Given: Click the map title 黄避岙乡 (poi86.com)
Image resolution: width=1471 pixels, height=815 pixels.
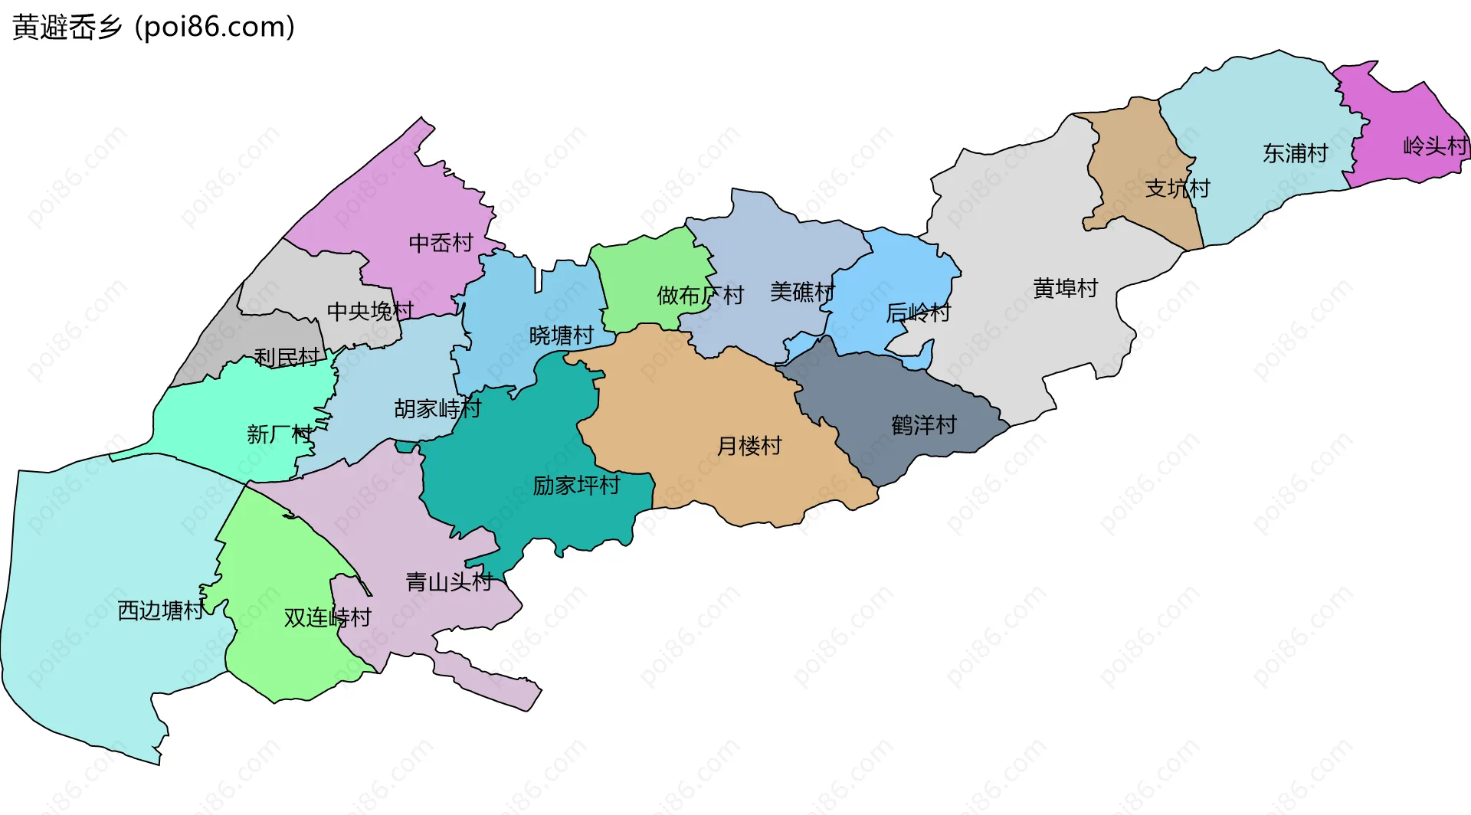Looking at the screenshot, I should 153,27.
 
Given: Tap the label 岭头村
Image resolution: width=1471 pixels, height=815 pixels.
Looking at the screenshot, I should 1435,146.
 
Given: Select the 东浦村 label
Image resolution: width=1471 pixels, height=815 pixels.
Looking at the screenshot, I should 1295,153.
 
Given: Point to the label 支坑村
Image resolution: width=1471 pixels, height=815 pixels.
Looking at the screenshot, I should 1177,188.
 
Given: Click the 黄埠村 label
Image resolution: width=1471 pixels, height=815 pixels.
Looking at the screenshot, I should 1065,289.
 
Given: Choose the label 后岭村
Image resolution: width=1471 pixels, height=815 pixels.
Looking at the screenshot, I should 917,313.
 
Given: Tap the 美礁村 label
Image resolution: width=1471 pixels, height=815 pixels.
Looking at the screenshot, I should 801,292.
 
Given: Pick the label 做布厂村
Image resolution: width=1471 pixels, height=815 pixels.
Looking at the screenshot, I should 700,295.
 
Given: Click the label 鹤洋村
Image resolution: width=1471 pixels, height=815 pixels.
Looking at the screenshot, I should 923,425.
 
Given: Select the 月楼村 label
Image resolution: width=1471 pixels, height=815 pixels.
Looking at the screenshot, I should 749,446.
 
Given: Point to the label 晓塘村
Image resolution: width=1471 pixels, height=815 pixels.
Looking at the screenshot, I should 561,335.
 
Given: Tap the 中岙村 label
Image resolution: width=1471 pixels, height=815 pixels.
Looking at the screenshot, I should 441,243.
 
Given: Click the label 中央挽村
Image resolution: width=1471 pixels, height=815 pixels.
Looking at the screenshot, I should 370,311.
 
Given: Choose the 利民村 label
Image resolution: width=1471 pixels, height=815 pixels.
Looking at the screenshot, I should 287,358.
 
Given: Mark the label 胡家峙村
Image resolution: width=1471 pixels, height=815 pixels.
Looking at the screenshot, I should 437,409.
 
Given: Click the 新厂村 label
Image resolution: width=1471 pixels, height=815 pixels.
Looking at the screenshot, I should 280,435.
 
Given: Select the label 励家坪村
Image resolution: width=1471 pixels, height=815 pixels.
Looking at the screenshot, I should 576,486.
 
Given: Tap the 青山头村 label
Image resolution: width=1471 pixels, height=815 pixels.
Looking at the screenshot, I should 448,582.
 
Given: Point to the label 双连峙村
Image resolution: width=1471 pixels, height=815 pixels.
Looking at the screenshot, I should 327,617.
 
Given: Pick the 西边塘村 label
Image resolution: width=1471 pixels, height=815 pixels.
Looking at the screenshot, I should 161,610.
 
